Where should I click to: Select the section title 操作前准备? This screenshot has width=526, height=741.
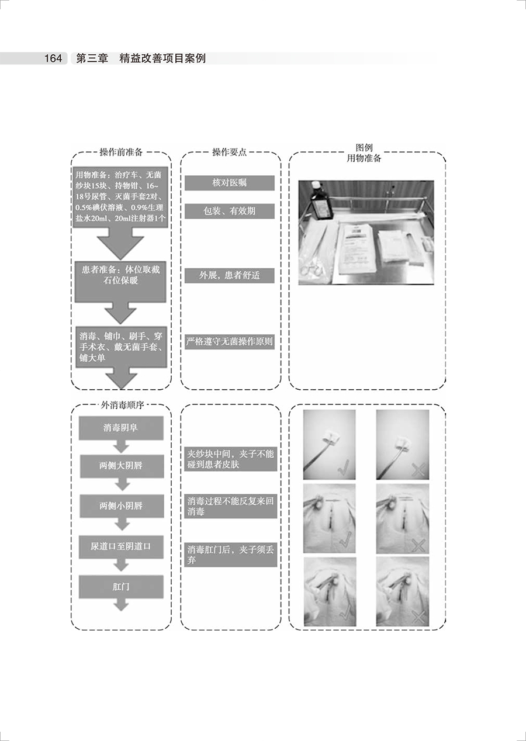(x=121, y=153)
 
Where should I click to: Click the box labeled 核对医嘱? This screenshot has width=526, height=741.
(x=230, y=183)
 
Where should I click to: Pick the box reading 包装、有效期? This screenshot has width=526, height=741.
(x=230, y=211)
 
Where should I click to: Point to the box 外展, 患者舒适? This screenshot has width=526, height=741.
(x=230, y=275)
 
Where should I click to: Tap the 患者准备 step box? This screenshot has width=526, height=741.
(x=121, y=275)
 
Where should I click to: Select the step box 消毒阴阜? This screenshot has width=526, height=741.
(x=121, y=428)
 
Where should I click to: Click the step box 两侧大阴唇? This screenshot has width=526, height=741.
(x=121, y=466)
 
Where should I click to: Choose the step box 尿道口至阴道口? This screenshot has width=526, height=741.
(x=121, y=546)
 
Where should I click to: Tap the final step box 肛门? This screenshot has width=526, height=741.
(x=121, y=586)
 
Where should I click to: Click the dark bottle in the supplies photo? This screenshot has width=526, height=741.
(x=321, y=201)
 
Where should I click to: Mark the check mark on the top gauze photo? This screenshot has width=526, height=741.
(x=344, y=467)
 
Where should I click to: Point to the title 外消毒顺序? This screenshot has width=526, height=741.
(x=121, y=405)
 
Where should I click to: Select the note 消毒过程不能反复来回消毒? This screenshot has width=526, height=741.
(x=230, y=506)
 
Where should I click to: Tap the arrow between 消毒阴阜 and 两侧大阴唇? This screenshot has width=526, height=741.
(x=121, y=446)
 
